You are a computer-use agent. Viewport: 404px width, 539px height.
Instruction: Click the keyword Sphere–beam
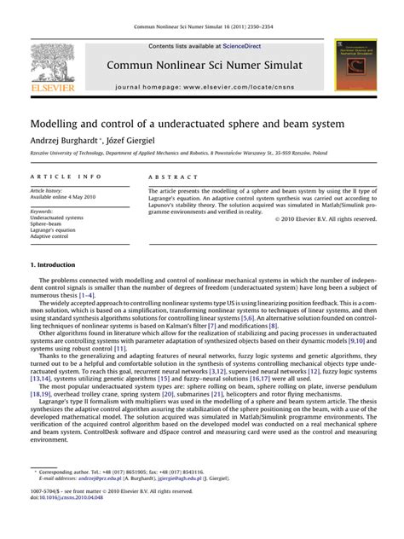47,224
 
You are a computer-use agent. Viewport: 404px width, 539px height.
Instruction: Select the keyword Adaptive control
50,238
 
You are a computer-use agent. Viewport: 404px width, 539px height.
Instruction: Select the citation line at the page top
202,28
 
